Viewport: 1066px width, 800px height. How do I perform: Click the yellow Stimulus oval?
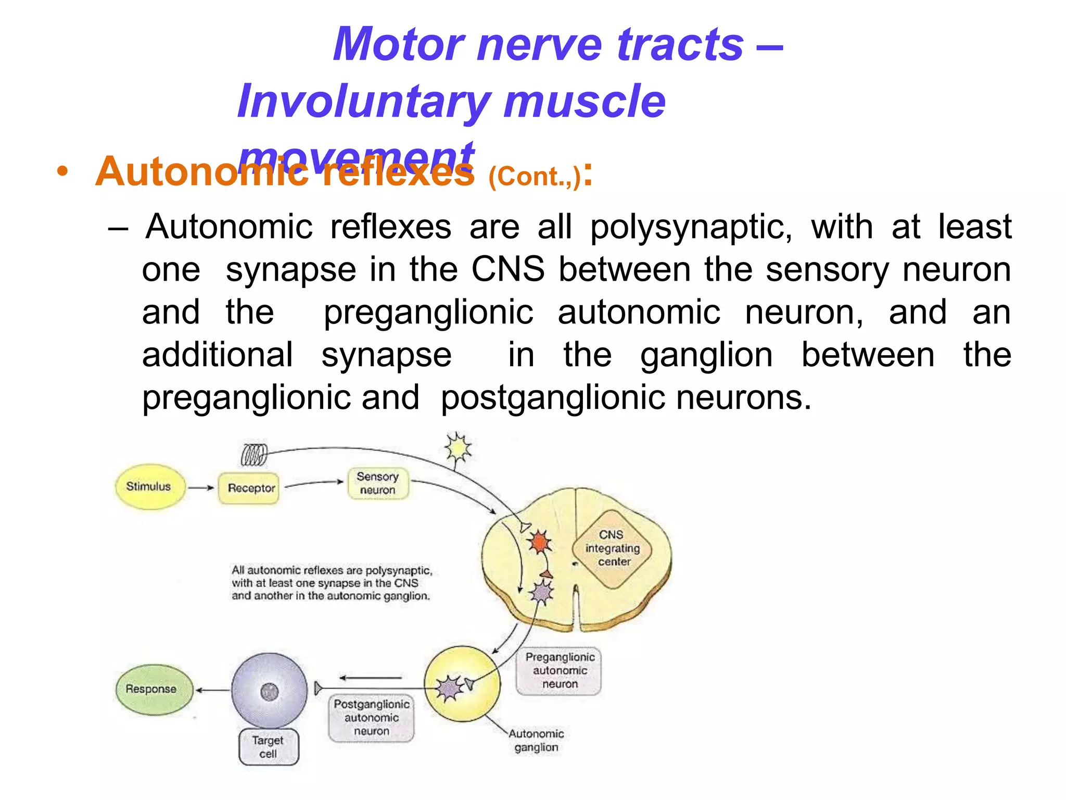pyautogui.click(x=149, y=486)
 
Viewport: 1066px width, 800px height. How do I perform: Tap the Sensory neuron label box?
pyautogui.click(x=378, y=484)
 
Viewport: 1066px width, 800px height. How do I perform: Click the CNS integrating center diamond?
pyautogui.click(x=613, y=548)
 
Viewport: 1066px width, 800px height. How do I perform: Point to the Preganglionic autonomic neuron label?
pyautogui.click(x=559, y=670)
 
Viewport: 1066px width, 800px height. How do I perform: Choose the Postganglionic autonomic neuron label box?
pyautogui.click(x=372, y=718)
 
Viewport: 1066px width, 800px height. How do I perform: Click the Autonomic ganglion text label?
pyautogui.click(x=536, y=740)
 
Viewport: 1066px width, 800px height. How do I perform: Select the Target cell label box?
pyautogui.click(x=269, y=747)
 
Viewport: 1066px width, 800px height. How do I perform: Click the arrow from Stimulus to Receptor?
pyautogui.click(x=200, y=488)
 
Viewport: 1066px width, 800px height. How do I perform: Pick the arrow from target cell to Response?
pyautogui.click(x=212, y=690)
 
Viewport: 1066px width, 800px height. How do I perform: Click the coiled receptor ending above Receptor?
pyautogui.click(x=255, y=455)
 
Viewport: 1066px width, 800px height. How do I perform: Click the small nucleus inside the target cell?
pyautogui.click(x=269, y=692)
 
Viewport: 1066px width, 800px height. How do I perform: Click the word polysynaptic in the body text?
pyautogui.click(x=691, y=227)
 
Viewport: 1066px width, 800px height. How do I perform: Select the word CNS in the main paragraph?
pyautogui.click(x=507, y=270)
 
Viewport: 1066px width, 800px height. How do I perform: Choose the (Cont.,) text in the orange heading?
pyautogui.click(x=534, y=177)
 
